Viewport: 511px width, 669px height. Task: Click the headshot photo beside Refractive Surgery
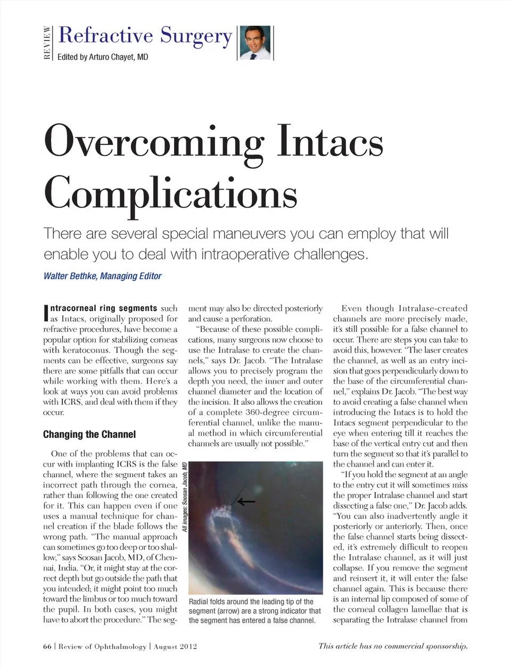click(256, 43)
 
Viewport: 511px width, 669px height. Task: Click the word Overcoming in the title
click(153, 141)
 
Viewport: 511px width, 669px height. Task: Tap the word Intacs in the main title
click(330, 141)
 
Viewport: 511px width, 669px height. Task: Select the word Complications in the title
click(170, 193)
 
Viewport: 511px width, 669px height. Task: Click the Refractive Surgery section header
click(145, 35)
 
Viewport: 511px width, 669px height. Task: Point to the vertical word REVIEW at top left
click(47, 43)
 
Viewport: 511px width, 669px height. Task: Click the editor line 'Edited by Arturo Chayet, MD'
click(103, 57)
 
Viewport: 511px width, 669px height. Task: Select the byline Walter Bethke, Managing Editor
click(102, 276)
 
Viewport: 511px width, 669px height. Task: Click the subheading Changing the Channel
click(89, 434)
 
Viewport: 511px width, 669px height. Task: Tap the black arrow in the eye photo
click(246, 501)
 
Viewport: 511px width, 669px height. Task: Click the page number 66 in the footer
click(47, 647)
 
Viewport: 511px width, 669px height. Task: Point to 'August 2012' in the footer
click(175, 647)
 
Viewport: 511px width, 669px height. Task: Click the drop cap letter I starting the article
click(46, 313)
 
